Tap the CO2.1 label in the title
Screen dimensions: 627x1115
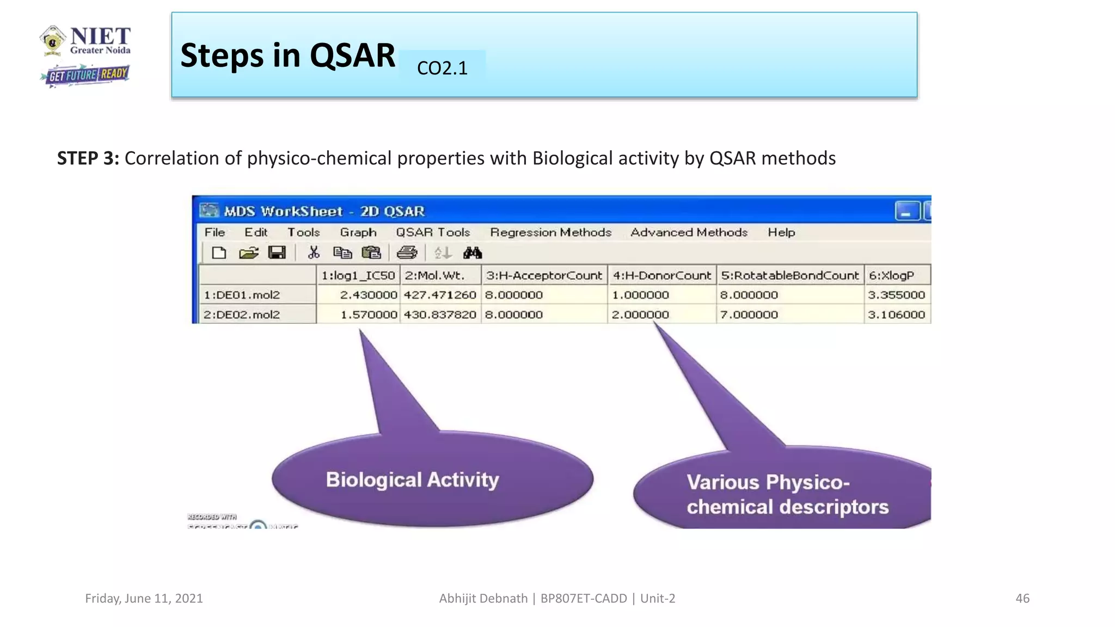(442, 68)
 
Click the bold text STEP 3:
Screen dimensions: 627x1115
(88, 158)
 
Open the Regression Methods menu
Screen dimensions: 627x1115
(550, 232)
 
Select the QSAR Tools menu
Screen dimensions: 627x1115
(433, 232)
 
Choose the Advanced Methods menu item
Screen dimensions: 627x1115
(689, 232)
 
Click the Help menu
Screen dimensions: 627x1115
(781, 232)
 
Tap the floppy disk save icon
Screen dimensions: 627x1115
(277, 253)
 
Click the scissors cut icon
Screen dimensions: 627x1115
(314, 253)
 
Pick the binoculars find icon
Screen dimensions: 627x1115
(473, 253)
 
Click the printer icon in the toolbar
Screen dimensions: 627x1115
(407, 253)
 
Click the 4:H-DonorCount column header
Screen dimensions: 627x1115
(661, 275)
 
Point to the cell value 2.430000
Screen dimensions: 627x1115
(369, 295)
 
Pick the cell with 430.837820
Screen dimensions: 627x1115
(440, 315)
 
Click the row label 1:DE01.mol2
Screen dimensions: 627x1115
(242, 295)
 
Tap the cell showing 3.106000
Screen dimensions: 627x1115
(896, 315)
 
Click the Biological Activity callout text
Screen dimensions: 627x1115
(412, 480)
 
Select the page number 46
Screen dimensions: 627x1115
(1022, 599)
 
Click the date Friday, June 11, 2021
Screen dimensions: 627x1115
(144, 599)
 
